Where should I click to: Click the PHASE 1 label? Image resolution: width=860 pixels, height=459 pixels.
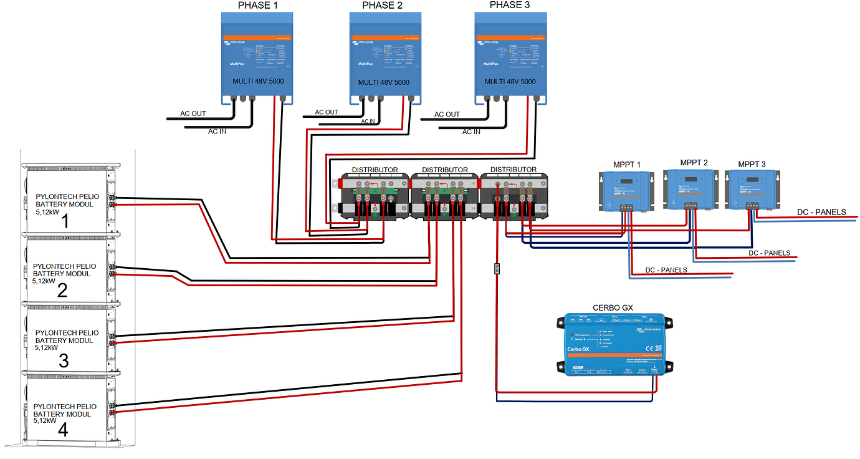click(257, 6)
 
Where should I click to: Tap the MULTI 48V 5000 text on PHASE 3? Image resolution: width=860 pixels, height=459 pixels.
click(510, 82)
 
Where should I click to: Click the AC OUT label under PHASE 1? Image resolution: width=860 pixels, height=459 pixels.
click(193, 114)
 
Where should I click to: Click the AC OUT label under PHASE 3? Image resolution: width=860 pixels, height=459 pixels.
click(447, 114)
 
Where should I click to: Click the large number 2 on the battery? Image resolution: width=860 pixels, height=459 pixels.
click(62, 290)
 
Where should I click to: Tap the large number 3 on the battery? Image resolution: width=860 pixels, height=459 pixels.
click(63, 360)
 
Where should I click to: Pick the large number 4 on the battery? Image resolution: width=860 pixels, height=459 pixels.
click(62, 430)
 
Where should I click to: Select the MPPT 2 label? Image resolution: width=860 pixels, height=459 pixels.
click(694, 162)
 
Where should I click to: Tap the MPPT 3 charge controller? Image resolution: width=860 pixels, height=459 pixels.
click(752, 190)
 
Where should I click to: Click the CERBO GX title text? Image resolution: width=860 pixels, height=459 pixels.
click(613, 307)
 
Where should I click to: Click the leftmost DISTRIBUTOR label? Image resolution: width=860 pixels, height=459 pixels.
click(375, 170)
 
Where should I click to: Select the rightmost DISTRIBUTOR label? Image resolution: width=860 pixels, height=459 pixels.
click(513, 169)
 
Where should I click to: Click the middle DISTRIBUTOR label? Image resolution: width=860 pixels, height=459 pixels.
click(444, 170)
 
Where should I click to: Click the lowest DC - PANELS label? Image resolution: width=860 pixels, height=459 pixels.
click(666, 270)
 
